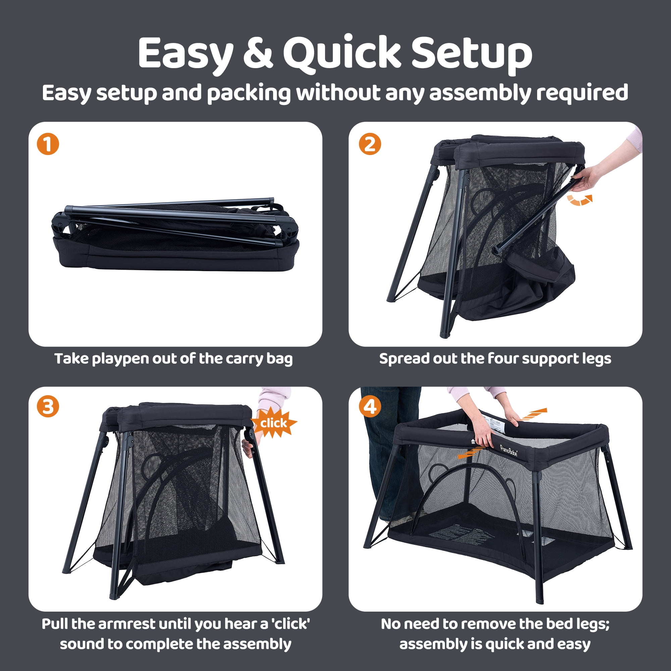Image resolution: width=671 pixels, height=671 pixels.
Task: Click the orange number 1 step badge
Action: (x=48, y=144)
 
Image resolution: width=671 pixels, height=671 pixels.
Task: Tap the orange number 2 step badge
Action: (x=369, y=144)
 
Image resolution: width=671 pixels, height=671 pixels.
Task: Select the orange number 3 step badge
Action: (x=48, y=406)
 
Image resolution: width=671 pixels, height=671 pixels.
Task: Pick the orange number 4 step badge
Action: (x=369, y=406)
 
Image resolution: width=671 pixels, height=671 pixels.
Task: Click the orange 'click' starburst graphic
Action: (x=274, y=423)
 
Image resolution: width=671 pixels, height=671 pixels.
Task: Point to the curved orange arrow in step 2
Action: (x=579, y=200)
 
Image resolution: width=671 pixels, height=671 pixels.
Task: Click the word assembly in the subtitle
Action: (x=480, y=93)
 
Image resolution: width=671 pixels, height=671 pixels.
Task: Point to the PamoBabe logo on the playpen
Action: (x=509, y=451)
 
